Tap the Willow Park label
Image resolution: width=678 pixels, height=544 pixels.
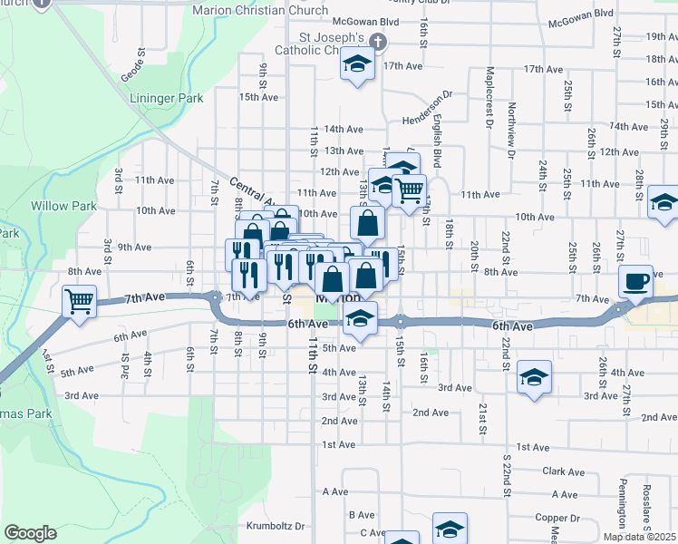point(63,206)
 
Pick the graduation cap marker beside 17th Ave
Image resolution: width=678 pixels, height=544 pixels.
point(357,65)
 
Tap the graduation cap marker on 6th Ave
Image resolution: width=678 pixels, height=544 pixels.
point(360,319)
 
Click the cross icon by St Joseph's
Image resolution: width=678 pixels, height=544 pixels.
point(378,42)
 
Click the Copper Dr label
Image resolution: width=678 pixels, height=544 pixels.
point(550,517)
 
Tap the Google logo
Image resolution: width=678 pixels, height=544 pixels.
point(30,532)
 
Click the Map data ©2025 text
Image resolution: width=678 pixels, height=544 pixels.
point(638,537)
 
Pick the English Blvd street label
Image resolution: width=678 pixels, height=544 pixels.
point(436,141)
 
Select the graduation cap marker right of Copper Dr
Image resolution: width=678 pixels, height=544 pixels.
point(450,528)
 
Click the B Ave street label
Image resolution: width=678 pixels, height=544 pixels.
point(362,514)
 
